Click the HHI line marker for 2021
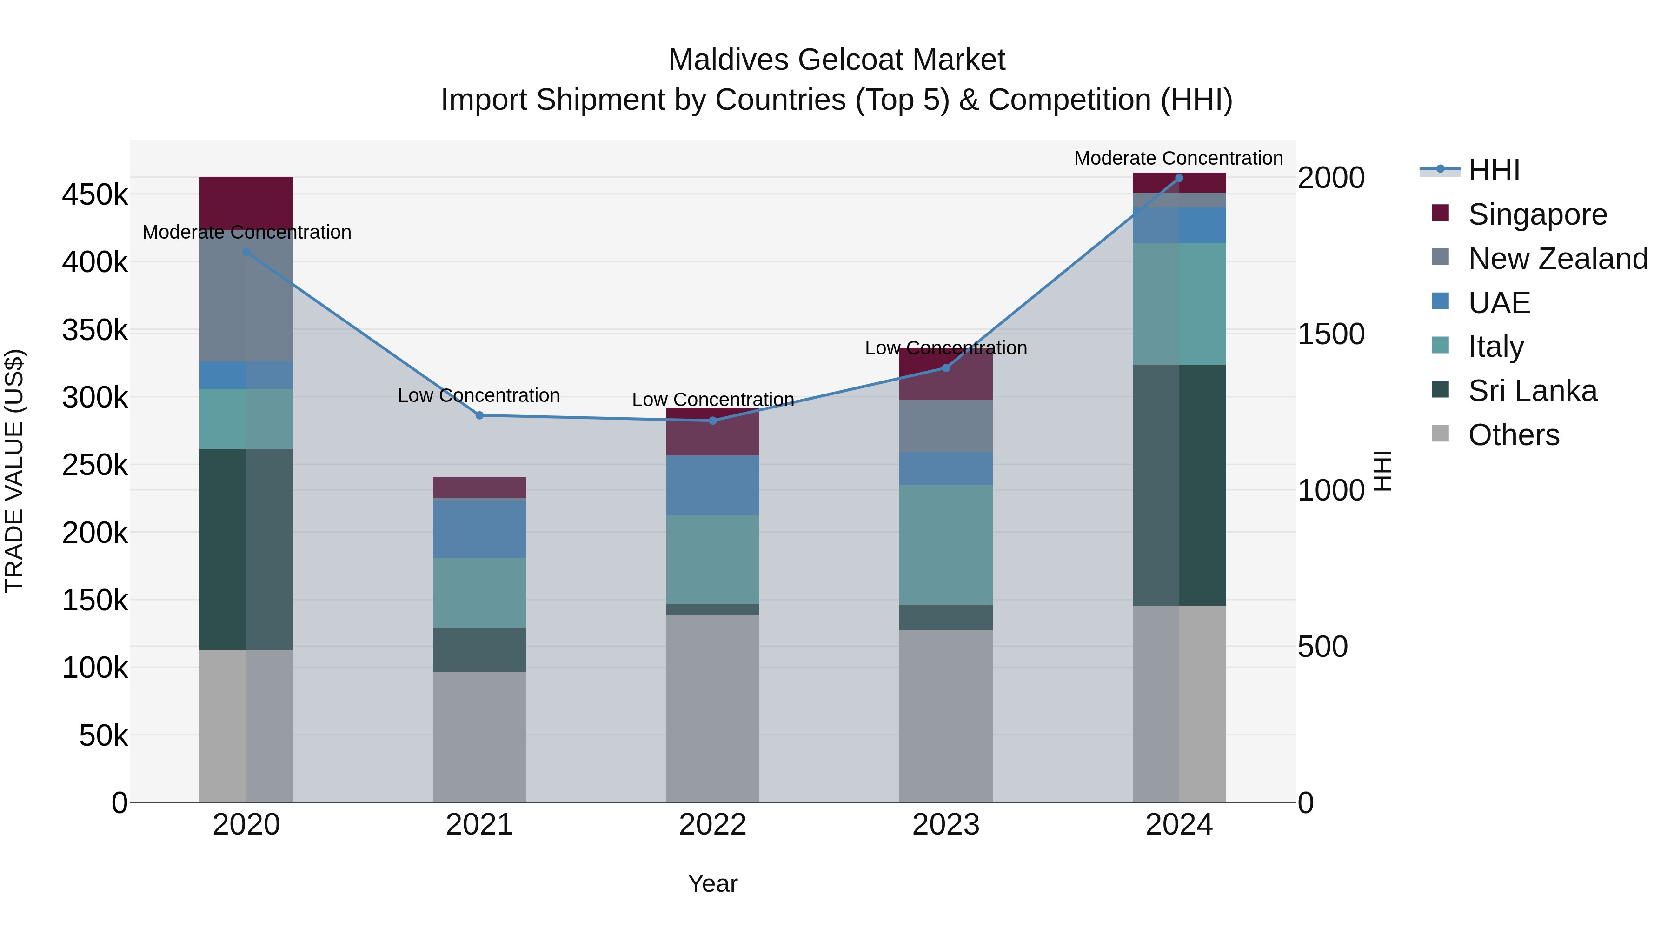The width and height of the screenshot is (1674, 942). (479, 415)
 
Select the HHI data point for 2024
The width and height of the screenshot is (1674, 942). (1179, 178)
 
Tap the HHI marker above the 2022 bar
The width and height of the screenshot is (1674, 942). (712, 421)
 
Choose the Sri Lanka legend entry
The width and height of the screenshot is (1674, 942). (1532, 391)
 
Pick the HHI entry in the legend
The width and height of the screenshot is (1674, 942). (1493, 170)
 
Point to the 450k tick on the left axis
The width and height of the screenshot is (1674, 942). (95, 194)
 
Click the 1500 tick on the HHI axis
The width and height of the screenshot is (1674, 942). (1331, 334)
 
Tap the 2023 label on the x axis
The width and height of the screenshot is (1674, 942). (945, 825)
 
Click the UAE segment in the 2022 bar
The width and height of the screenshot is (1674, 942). (712, 485)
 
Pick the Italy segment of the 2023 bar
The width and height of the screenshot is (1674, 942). (945, 545)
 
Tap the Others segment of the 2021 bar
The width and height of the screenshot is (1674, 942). (479, 736)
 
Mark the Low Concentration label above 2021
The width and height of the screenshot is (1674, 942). (478, 395)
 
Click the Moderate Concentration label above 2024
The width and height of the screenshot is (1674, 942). (1178, 158)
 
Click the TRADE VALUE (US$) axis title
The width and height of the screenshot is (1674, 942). (14, 471)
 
